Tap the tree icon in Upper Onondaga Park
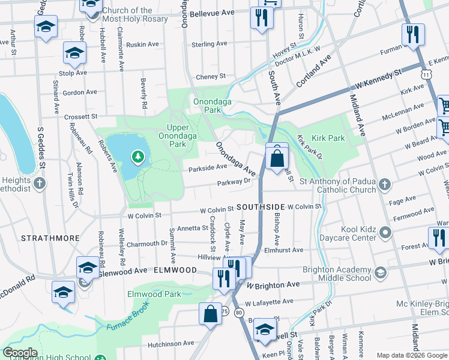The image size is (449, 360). click(x=138, y=157)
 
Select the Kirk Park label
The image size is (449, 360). click(x=328, y=138)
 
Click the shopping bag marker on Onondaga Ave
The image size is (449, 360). click(x=277, y=159)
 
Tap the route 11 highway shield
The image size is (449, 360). click(x=426, y=74)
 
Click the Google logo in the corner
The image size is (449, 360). click(x=20, y=353)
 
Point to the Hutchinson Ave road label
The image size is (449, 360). click(x=172, y=344)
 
